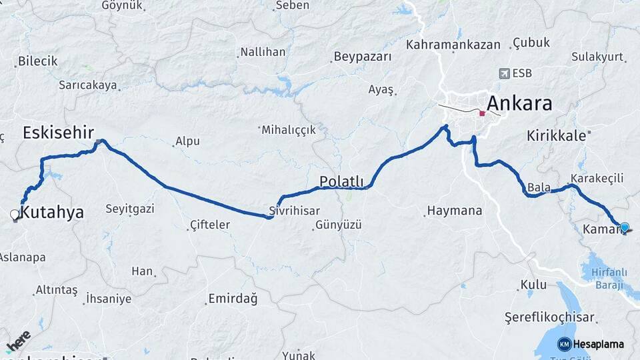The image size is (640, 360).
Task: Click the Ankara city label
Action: (519, 103)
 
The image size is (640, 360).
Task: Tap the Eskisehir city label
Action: (58, 132)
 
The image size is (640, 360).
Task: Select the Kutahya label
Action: (53, 213)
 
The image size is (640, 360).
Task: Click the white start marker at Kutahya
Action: (15, 215)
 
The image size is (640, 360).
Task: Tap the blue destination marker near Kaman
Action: (625, 227)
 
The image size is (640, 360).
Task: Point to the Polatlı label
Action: (341, 181)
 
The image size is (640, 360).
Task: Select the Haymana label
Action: (455, 211)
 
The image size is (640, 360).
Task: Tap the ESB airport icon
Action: (503, 73)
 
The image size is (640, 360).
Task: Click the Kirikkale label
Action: (556, 135)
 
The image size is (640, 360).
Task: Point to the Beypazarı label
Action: (363, 57)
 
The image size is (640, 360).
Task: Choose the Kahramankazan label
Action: (453, 45)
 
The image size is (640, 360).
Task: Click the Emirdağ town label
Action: (233, 299)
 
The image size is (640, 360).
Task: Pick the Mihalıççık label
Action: (288, 130)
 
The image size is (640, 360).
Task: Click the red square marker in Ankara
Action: (482, 113)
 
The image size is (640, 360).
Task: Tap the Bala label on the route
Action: (539, 187)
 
